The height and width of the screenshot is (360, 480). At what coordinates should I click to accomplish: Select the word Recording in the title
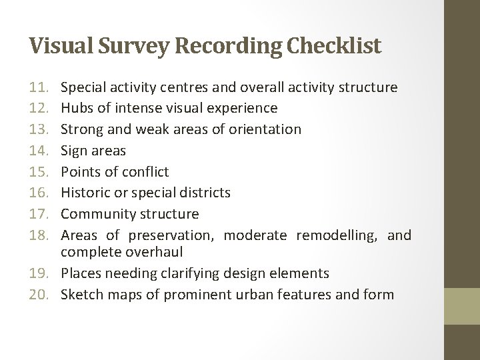click(219, 46)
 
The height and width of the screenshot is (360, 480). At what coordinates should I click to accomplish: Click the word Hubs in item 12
click(75, 108)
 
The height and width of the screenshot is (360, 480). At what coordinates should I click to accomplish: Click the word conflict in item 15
click(145, 171)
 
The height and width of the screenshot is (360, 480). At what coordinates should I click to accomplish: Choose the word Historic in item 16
click(85, 193)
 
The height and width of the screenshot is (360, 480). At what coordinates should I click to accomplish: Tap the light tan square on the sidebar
click(462, 306)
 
